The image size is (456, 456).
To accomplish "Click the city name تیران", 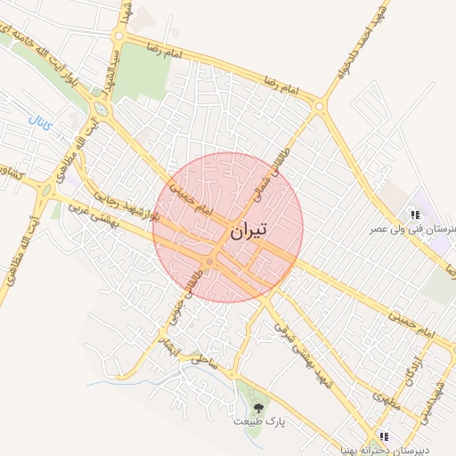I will (x=248, y=232).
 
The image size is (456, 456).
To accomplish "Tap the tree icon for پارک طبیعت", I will (x=258, y=406).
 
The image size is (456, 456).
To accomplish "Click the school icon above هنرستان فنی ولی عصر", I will (x=414, y=214).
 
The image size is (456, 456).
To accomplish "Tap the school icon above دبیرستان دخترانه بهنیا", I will (x=384, y=436).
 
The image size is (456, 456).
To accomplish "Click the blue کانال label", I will (x=41, y=122).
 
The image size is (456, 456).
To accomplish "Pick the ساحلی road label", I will (x=202, y=360).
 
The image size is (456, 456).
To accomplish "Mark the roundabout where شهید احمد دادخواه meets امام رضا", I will (x=319, y=107).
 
